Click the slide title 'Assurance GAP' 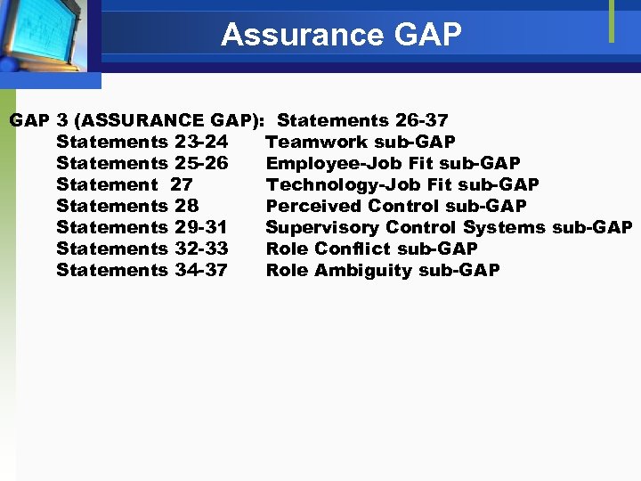342,35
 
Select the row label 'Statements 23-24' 142,142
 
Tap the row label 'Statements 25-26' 142,163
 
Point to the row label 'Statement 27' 124,184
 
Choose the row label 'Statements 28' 127,206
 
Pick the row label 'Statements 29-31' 142,227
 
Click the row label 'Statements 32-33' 142,249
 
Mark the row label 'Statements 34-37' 142,270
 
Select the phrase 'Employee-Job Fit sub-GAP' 393,163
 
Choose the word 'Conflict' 353,249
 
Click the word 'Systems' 505,227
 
